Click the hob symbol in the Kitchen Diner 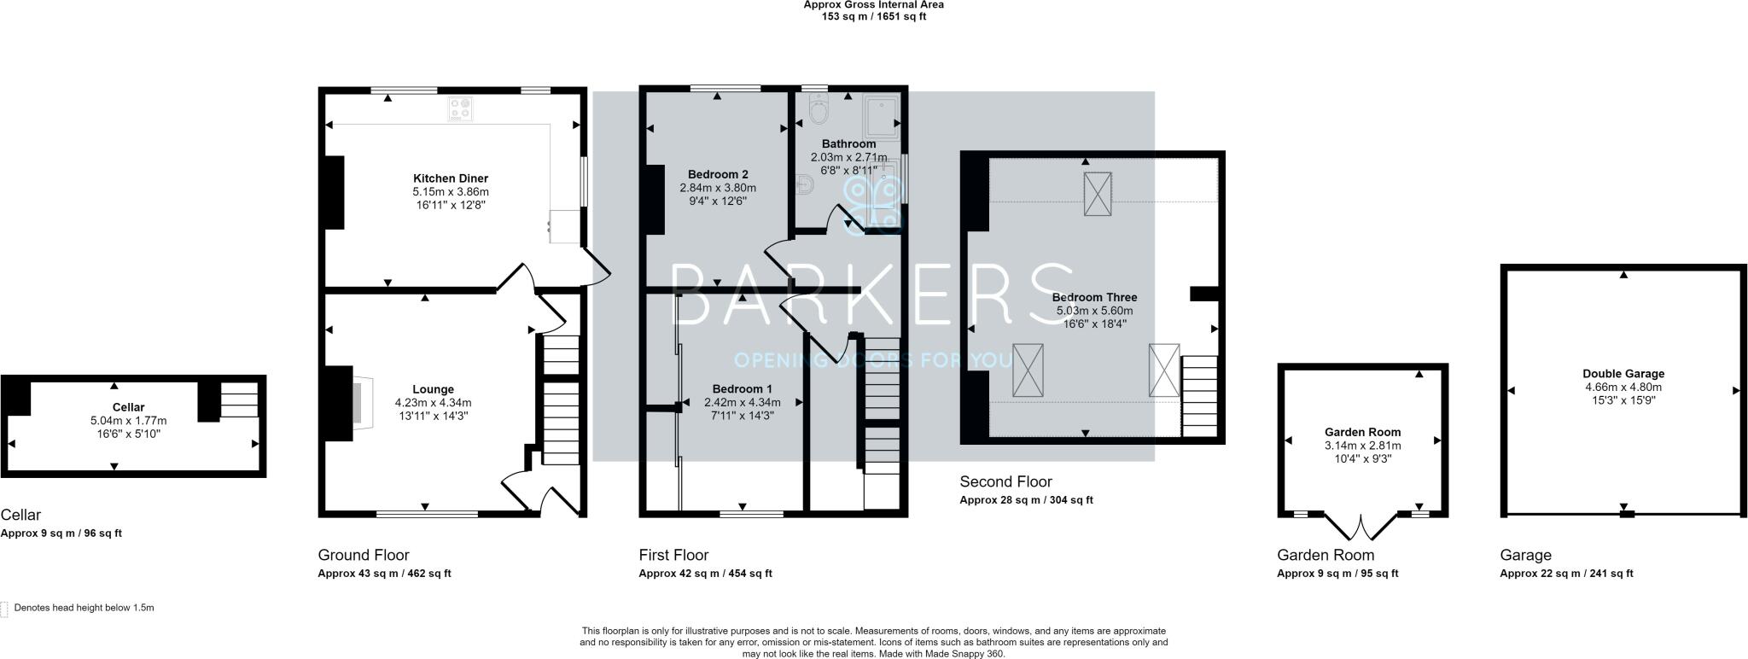[x=461, y=109]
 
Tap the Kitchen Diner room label [x=450, y=178]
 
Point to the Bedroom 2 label [x=717, y=174]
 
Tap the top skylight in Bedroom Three [x=1098, y=192]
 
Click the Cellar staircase [x=239, y=399]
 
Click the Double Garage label [x=1623, y=373]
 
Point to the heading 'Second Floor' [x=1005, y=481]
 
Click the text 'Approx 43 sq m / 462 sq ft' [x=384, y=574]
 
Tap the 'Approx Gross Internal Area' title [x=873, y=4]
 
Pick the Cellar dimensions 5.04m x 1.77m [x=128, y=421]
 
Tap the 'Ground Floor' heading [x=364, y=555]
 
